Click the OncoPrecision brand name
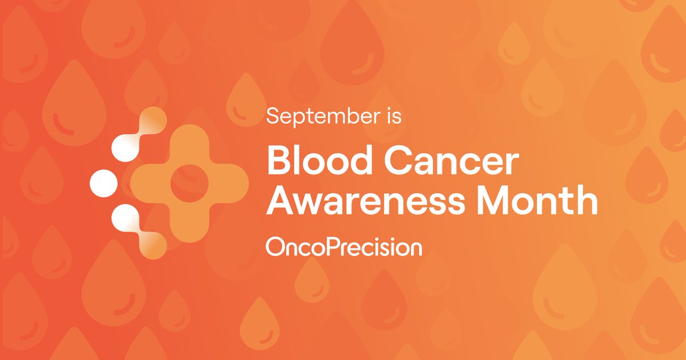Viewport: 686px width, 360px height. (344, 247)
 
